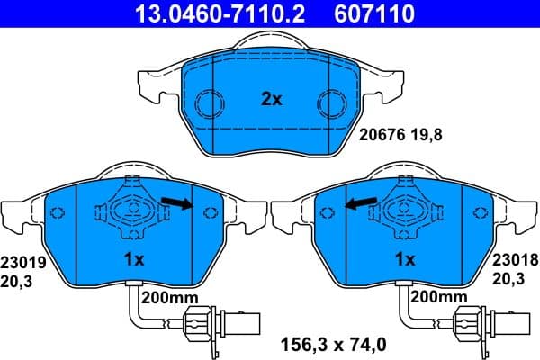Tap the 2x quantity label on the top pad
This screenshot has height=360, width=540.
[x=271, y=100]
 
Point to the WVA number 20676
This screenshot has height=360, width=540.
[x=379, y=137]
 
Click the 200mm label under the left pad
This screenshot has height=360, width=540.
[x=169, y=295]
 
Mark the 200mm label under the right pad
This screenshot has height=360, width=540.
[x=438, y=295]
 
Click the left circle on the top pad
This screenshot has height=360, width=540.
[x=211, y=103]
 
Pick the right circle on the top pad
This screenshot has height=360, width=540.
[x=329, y=103]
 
